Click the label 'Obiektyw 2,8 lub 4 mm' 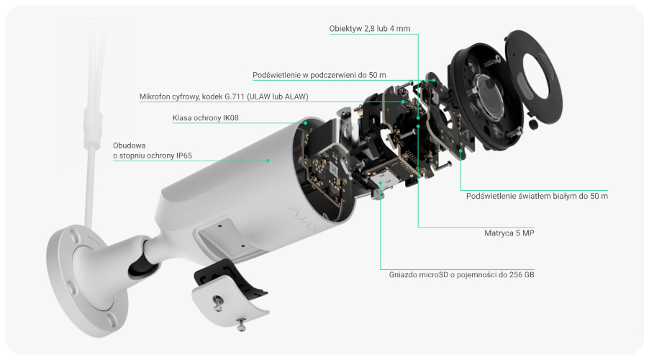coord(370,29)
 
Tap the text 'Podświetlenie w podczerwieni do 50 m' coord(319,75)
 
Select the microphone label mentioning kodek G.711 coord(224,96)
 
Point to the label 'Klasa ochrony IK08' coord(205,117)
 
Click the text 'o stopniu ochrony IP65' coord(153,156)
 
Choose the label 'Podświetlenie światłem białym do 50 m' coord(537,196)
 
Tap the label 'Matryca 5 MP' coord(509,233)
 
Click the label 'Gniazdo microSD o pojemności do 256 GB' coord(461,274)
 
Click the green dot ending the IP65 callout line coord(268,161)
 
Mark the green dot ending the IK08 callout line coord(306,122)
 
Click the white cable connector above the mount coord(93,127)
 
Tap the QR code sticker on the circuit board coord(333,169)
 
